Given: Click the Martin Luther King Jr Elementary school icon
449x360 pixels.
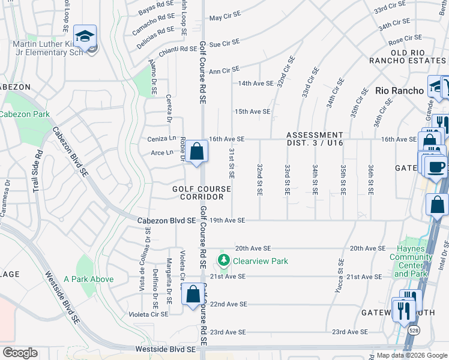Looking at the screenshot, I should [x=85, y=36].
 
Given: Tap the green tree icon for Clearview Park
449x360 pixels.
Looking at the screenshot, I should [x=224, y=260].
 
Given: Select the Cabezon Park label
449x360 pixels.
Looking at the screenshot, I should [x=24, y=114].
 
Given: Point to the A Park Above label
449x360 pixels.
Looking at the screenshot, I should [x=88, y=278].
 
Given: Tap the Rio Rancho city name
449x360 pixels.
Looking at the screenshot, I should [x=399, y=91].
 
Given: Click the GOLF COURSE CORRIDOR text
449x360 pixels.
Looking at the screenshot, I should [x=202, y=193].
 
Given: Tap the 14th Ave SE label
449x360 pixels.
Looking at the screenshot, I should [x=255, y=83].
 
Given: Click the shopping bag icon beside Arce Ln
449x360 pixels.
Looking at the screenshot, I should [x=196, y=152].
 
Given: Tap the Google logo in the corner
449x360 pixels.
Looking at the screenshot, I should [x=20, y=353].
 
